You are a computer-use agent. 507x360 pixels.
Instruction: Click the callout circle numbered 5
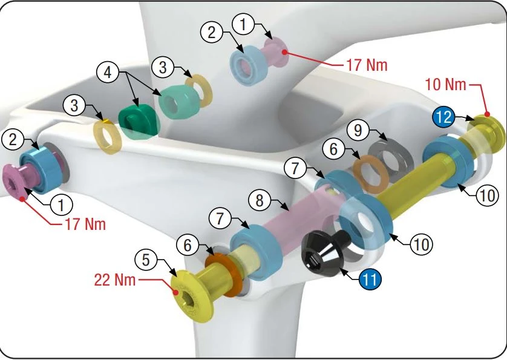coord(146,261)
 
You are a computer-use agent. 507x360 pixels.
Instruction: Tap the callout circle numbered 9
coord(358,129)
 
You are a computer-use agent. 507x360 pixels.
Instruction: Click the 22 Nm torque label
coord(114,280)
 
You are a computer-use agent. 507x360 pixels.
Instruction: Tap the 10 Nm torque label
coord(446,85)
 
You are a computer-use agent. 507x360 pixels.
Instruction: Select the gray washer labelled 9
coord(391,154)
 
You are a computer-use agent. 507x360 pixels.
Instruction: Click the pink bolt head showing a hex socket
coord(14,179)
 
